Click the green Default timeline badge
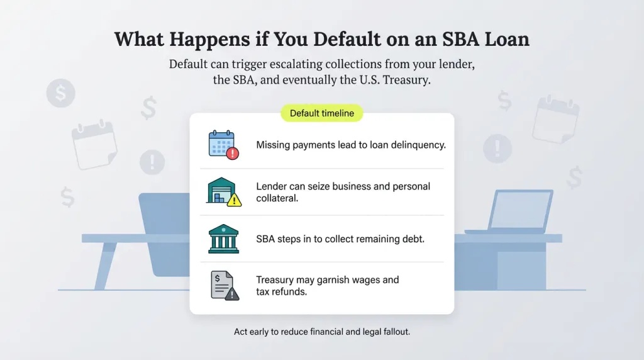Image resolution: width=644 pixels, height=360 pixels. [321, 113]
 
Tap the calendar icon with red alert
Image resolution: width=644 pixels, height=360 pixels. [222, 144]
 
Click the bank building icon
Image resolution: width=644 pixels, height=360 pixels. [223, 239]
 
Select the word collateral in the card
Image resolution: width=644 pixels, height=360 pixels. [276, 198]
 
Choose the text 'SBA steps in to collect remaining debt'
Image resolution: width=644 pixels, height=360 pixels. [340, 239]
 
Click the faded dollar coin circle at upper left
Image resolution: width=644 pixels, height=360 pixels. [60, 94]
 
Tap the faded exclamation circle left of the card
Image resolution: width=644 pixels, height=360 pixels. [152, 162]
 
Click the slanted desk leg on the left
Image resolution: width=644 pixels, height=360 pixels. [106, 265]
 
